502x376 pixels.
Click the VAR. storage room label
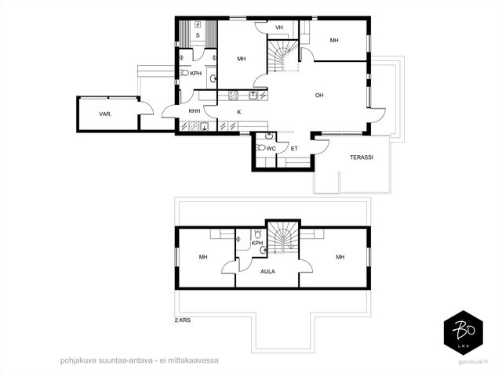point(105,114)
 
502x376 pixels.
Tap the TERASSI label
point(361,157)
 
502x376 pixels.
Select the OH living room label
point(319,96)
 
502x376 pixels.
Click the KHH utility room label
point(195,111)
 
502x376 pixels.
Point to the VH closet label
point(279,27)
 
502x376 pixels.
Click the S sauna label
point(198,35)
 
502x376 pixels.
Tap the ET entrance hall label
point(294,149)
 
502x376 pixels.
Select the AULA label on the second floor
point(267,272)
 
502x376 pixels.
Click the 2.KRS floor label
point(183,320)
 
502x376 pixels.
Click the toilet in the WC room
point(261,147)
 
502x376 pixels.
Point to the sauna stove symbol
point(198,24)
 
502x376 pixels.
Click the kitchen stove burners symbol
point(234,96)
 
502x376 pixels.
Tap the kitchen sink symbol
point(253,96)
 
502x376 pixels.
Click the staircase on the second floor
point(283,237)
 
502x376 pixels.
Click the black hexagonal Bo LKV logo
point(463,335)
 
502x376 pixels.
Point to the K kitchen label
point(238,112)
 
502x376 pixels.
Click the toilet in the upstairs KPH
point(257,233)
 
